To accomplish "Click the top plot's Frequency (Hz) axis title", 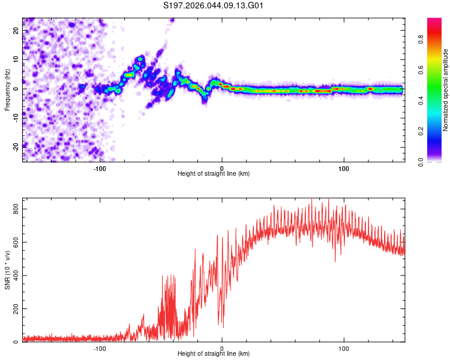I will tap(7, 89).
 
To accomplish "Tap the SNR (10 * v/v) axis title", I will tap(7, 271).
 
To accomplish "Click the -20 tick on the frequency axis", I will tap(16, 146).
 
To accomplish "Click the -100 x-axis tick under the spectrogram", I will tap(100, 168).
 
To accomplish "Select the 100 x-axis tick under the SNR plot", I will tap(344, 348).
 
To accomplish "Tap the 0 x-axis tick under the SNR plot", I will tap(222, 348).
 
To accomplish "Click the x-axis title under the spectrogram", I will tap(214, 174).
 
